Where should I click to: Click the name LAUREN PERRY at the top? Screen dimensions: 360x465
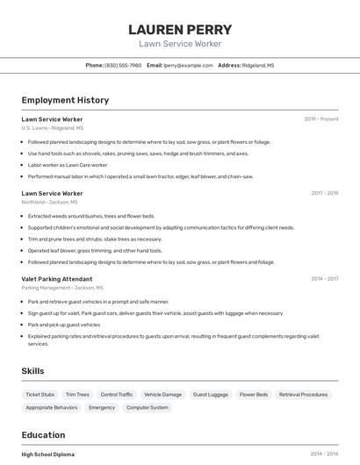tap(180, 29)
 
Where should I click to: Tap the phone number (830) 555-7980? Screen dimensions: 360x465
tap(123, 65)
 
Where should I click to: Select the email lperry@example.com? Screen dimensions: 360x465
tap(188, 65)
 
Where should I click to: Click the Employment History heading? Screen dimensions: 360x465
tap(65, 100)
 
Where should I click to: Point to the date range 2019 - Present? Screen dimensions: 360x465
tap(321, 118)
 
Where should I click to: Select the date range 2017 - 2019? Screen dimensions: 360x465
tap(324, 193)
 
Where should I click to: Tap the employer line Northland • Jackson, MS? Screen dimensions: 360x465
tap(49, 202)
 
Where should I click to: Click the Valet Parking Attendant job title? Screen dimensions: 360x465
tap(57, 279)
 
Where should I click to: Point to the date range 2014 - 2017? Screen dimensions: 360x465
tap(324, 279)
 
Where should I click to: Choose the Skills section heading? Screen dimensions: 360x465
tap(33, 371)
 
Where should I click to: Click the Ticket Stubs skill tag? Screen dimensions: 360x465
tap(40, 395)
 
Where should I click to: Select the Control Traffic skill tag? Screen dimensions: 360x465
tap(117, 395)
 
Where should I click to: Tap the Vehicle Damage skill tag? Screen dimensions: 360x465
tap(163, 395)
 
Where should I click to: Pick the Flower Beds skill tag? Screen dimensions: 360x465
tap(254, 395)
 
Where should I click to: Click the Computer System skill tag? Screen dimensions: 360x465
tap(148, 407)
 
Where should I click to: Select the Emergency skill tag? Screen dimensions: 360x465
tap(102, 407)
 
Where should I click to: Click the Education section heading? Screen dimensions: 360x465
tap(43, 434)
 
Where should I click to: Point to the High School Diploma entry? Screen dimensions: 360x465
tap(48, 454)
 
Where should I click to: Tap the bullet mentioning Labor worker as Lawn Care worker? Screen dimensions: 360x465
tap(68, 165)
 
